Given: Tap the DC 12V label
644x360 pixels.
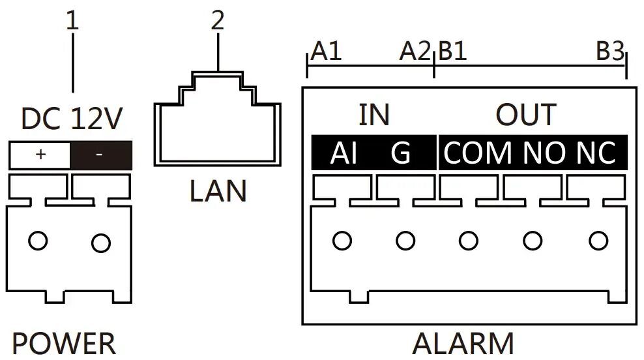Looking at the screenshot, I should [x=72, y=119].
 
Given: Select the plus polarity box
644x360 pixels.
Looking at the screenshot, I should [x=40, y=155].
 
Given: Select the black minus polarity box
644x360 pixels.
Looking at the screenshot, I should [x=100, y=155].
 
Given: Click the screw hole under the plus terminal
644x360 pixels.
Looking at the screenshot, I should [x=38, y=241].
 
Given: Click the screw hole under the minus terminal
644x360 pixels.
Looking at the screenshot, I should [x=101, y=243].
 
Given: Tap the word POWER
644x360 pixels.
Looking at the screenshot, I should [x=64, y=344].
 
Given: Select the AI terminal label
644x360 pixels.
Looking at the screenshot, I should [x=344, y=154].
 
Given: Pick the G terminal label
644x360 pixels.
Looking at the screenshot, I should [x=401, y=154].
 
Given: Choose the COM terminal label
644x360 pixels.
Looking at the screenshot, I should [x=478, y=154].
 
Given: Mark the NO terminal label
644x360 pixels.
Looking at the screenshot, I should [x=544, y=154].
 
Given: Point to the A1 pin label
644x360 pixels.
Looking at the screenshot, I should [x=326, y=52].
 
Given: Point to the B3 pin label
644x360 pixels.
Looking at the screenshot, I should [x=610, y=52].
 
